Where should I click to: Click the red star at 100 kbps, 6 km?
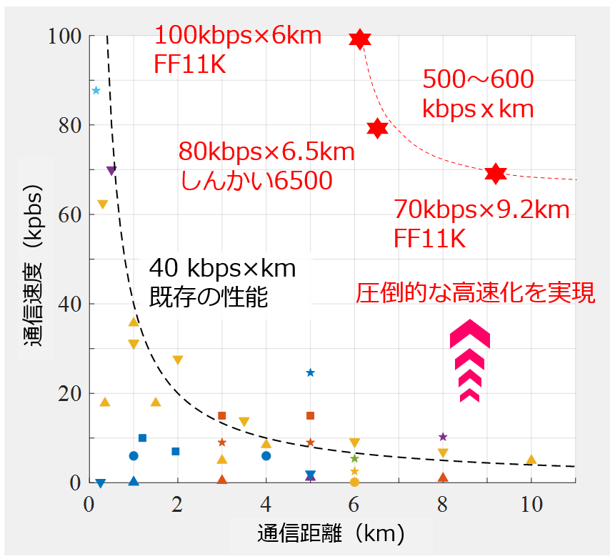click(x=361, y=39)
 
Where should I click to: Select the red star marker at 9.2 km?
click(x=496, y=174)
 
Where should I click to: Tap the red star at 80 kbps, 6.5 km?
click(x=377, y=129)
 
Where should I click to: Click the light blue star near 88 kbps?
click(x=96, y=90)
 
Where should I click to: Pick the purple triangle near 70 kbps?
click(x=111, y=171)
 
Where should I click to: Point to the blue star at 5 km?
click(x=310, y=372)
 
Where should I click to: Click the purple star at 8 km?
click(x=443, y=437)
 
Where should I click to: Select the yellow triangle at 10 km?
click(x=531, y=460)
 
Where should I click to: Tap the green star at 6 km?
click(x=354, y=458)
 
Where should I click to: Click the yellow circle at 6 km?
click(x=354, y=482)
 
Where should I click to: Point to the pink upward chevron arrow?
click(x=470, y=361)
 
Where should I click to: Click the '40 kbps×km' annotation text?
click(x=222, y=269)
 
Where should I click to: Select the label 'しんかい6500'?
click(x=256, y=181)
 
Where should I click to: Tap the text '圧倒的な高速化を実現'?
click(x=475, y=294)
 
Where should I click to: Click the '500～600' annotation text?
click(x=478, y=80)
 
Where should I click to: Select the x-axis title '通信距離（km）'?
click(x=322, y=533)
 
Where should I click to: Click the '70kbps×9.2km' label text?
click(x=481, y=211)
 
